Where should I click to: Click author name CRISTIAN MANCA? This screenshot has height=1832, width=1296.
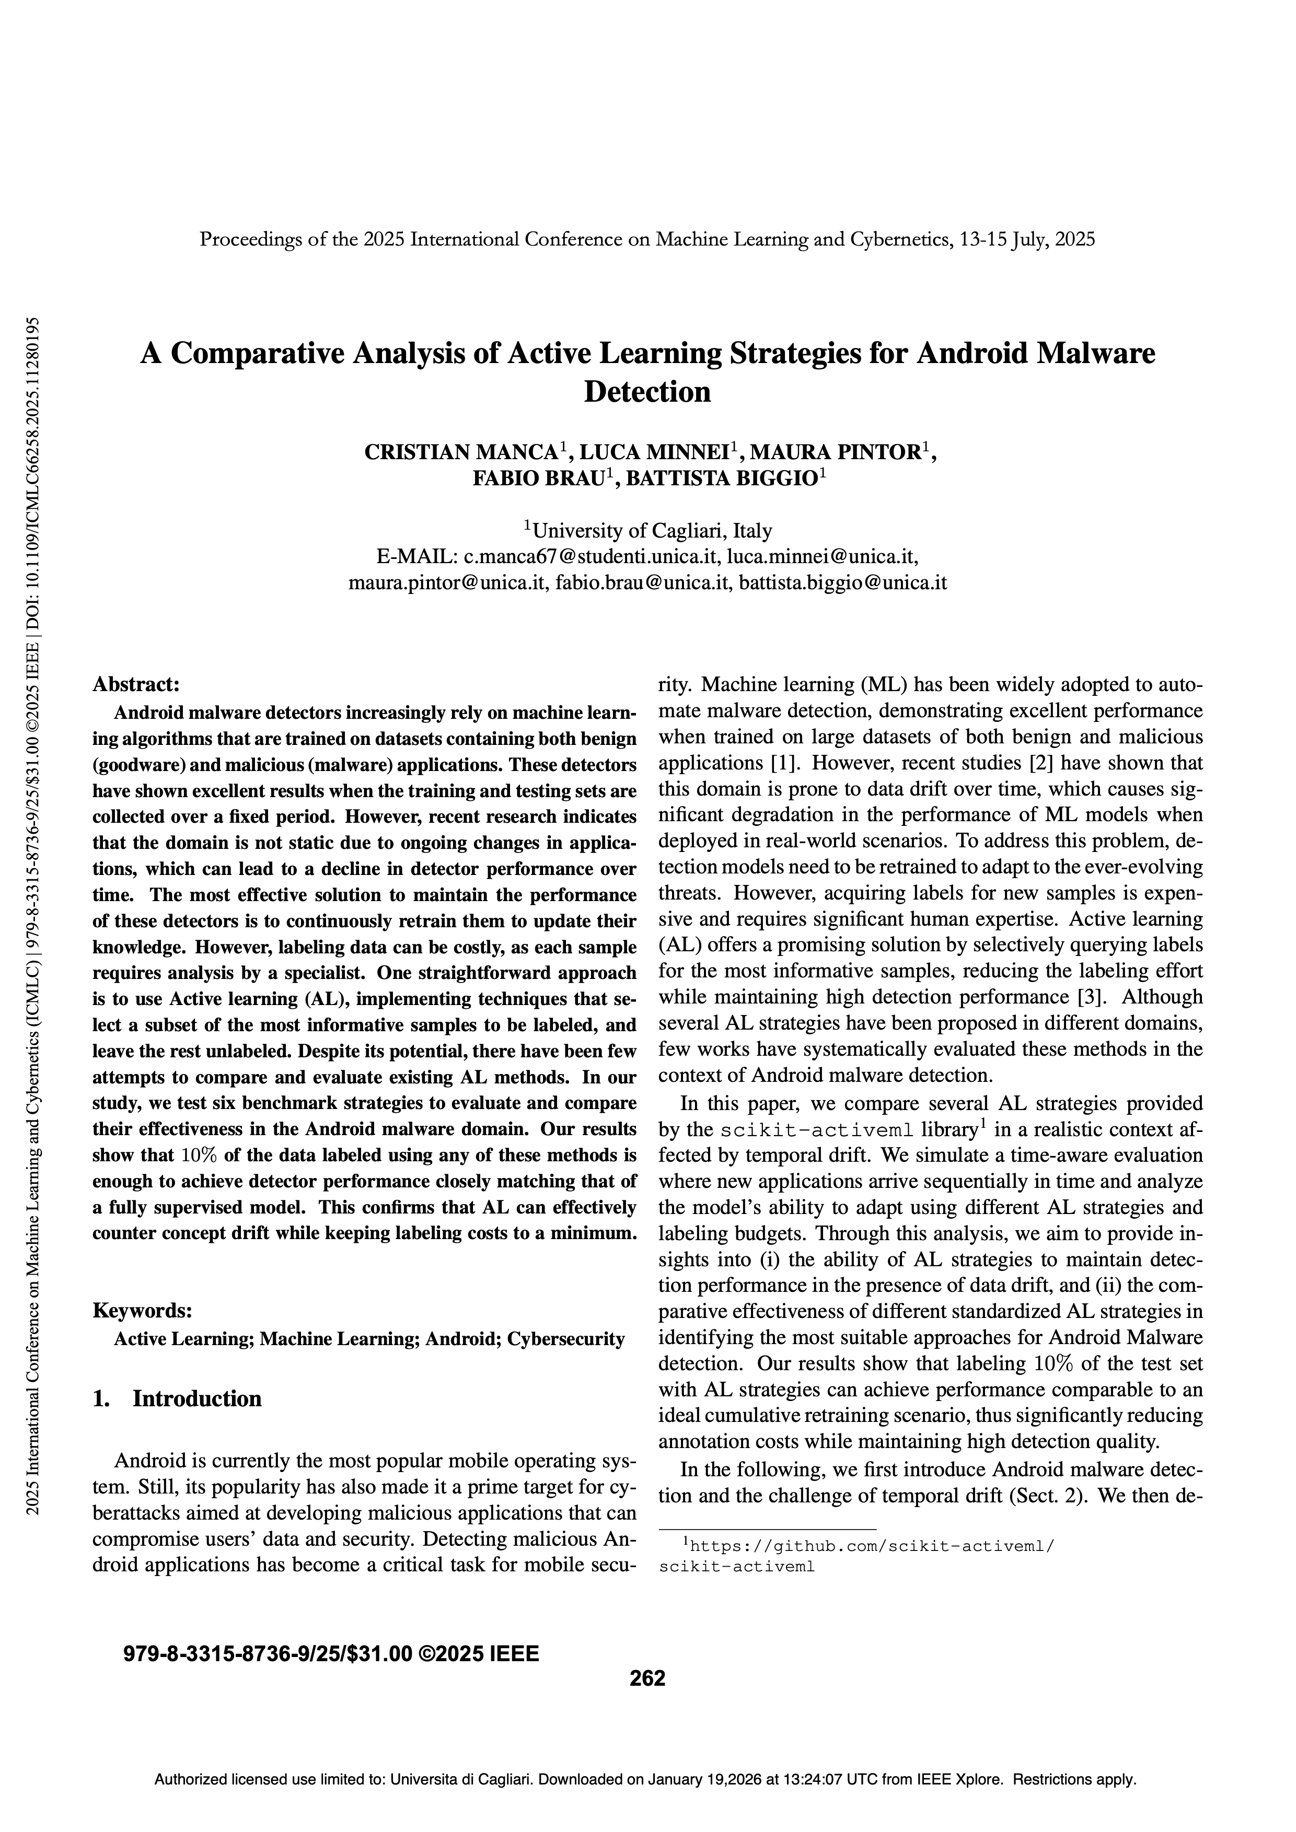pos(461,452)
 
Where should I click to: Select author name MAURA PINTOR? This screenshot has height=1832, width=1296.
pos(836,452)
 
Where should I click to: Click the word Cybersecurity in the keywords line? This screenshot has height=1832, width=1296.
pos(566,1338)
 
